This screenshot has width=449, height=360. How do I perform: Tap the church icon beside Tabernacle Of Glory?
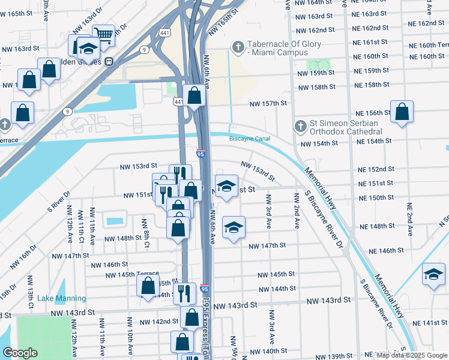pos(238,47)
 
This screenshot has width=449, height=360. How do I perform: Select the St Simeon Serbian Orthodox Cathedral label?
pos(346,127)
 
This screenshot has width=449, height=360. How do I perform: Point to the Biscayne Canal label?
pos(249,139)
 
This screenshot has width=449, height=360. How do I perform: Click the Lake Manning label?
pos(61,298)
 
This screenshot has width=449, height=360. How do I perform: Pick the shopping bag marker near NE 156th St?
pos(402,112)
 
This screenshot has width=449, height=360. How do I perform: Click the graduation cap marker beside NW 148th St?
pos(234,227)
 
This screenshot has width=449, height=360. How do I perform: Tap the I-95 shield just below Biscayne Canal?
pos(201,154)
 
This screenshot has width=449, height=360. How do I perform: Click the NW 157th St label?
pos(269,103)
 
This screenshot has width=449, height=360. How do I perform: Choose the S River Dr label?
pos(59,202)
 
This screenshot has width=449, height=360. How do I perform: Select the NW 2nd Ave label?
pos(296,210)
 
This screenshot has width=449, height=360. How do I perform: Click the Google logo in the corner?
pos(20,353)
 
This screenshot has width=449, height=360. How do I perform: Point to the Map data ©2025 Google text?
pos(411,355)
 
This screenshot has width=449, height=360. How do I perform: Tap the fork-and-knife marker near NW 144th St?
pos(184,293)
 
